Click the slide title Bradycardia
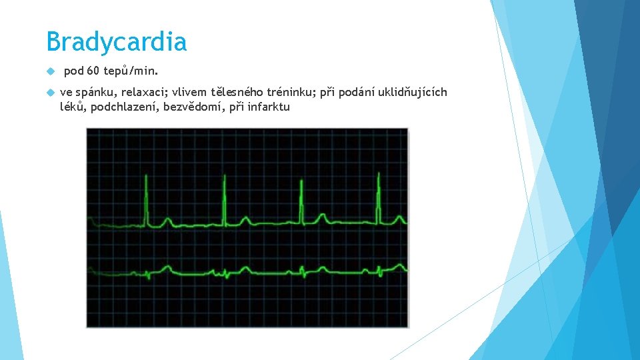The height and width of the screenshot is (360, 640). tap(117, 43)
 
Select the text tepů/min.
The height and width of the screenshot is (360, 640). tap(131, 71)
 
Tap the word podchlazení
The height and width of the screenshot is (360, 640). tap(123, 107)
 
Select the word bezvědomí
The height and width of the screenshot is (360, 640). tap(192, 107)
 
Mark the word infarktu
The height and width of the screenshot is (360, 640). tap(269, 107)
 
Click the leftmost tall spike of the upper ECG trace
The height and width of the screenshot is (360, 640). tap(147, 200)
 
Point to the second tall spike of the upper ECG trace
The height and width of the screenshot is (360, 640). tap(225, 200)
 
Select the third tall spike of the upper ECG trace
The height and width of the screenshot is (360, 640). tap(302, 200)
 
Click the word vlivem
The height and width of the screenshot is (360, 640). tap(189, 92)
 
